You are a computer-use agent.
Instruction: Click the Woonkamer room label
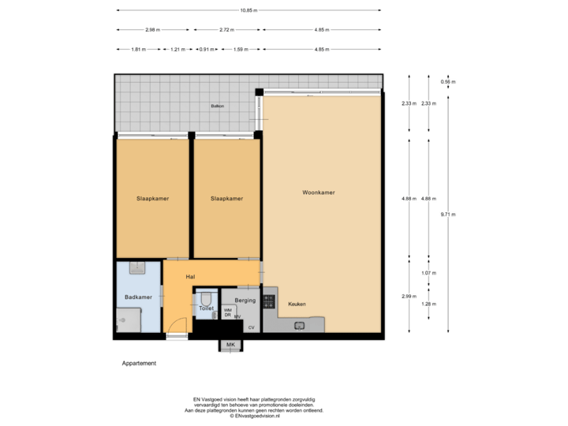click(x=319, y=192)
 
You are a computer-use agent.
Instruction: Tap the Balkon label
click(x=217, y=106)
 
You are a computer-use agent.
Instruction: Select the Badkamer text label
click(x=138, y=297)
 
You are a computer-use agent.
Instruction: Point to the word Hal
click(x=190, y=277)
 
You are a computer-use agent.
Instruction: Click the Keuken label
click(x=297, y=304)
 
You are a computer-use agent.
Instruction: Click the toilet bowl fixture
click(x=207, y=300)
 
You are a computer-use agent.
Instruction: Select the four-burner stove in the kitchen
click(x=269, y=301)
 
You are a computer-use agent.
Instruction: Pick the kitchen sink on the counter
click(x=301, y=324)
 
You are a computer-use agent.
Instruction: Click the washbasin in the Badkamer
click(x=139, y=268)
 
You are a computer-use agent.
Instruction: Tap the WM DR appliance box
click(x=228, y=312)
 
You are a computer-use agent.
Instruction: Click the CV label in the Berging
click(x=252, y=327)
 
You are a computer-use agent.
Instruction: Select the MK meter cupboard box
click(x=230, y=345)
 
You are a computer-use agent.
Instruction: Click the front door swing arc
click(x=181, y=325)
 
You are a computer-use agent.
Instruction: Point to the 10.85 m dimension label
click(x=251, y=10)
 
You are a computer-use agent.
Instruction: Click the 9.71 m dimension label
click(x=448, y=214)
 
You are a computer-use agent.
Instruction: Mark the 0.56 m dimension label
click(x=448, y=81)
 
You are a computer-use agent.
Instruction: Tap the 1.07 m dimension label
click(x=428, y=273)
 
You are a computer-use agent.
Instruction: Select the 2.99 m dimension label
click(x=409, y=296)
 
